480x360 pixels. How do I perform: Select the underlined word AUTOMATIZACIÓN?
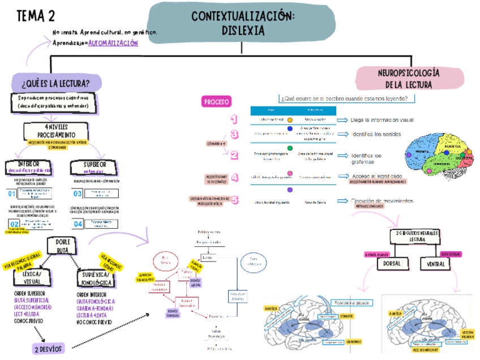pyautogui.click(x=113, y=44)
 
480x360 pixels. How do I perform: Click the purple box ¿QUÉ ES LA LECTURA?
pyautogui.click(x=55, y=84)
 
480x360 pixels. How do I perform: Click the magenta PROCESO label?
pyautogui.click(x=216, y=102)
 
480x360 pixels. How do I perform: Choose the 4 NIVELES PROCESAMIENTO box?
pyautogui.click(x=56, y=131)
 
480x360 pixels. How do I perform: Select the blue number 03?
pyautogui.click(x=78, y=194)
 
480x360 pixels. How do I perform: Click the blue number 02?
pyautogui.click(x=14, y=223)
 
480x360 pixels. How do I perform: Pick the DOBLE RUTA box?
pyautogui.click(x=62, y=246)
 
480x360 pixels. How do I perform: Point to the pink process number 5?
pyautogui.click(x=235, y=200)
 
